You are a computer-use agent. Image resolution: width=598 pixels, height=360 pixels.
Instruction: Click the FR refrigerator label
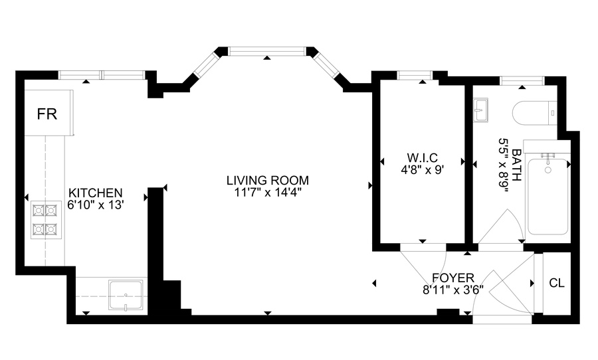click(x=47, y=114)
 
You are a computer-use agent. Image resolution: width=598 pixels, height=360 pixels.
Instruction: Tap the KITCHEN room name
click(x=95, y=193)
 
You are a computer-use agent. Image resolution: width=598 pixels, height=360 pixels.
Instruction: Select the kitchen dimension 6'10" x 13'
click(x=96, y=205)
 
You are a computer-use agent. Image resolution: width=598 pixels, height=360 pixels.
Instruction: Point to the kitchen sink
click(x=126, y=295)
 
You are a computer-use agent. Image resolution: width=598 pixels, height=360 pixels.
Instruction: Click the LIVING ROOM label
click(x=268, y=180)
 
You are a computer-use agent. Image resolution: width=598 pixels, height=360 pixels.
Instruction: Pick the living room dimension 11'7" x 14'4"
click(x=268, y=193)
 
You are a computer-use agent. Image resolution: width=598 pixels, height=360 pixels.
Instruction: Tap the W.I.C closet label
click(x=422, y=157)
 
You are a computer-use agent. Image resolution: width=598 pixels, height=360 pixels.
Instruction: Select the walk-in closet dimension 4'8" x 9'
click(x=422, y=169)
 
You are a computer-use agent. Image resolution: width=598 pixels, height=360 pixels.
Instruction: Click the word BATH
click(x=516, y=165)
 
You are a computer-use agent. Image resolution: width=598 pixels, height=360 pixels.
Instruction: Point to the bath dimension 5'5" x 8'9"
click(x=504, y=165)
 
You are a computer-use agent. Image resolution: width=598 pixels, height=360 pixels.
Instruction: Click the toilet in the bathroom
click(x=535, y=114)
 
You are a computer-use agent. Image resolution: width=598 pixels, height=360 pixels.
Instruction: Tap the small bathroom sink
click(x=480, y=110)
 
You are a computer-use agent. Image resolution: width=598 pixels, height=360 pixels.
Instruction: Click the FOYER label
click(x=452, y=278)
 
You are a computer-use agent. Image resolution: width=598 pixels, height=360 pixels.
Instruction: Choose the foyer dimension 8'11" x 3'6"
click(x=452, y=290)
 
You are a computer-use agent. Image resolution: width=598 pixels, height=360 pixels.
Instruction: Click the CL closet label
click(x=557, y=283)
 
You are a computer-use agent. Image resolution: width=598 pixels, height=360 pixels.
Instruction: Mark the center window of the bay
click(x=267, y=51)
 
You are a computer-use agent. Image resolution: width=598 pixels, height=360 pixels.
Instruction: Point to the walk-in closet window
click(x=415, y=76)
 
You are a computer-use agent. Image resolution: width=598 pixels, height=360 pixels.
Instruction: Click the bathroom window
click(x=522, y=81)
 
